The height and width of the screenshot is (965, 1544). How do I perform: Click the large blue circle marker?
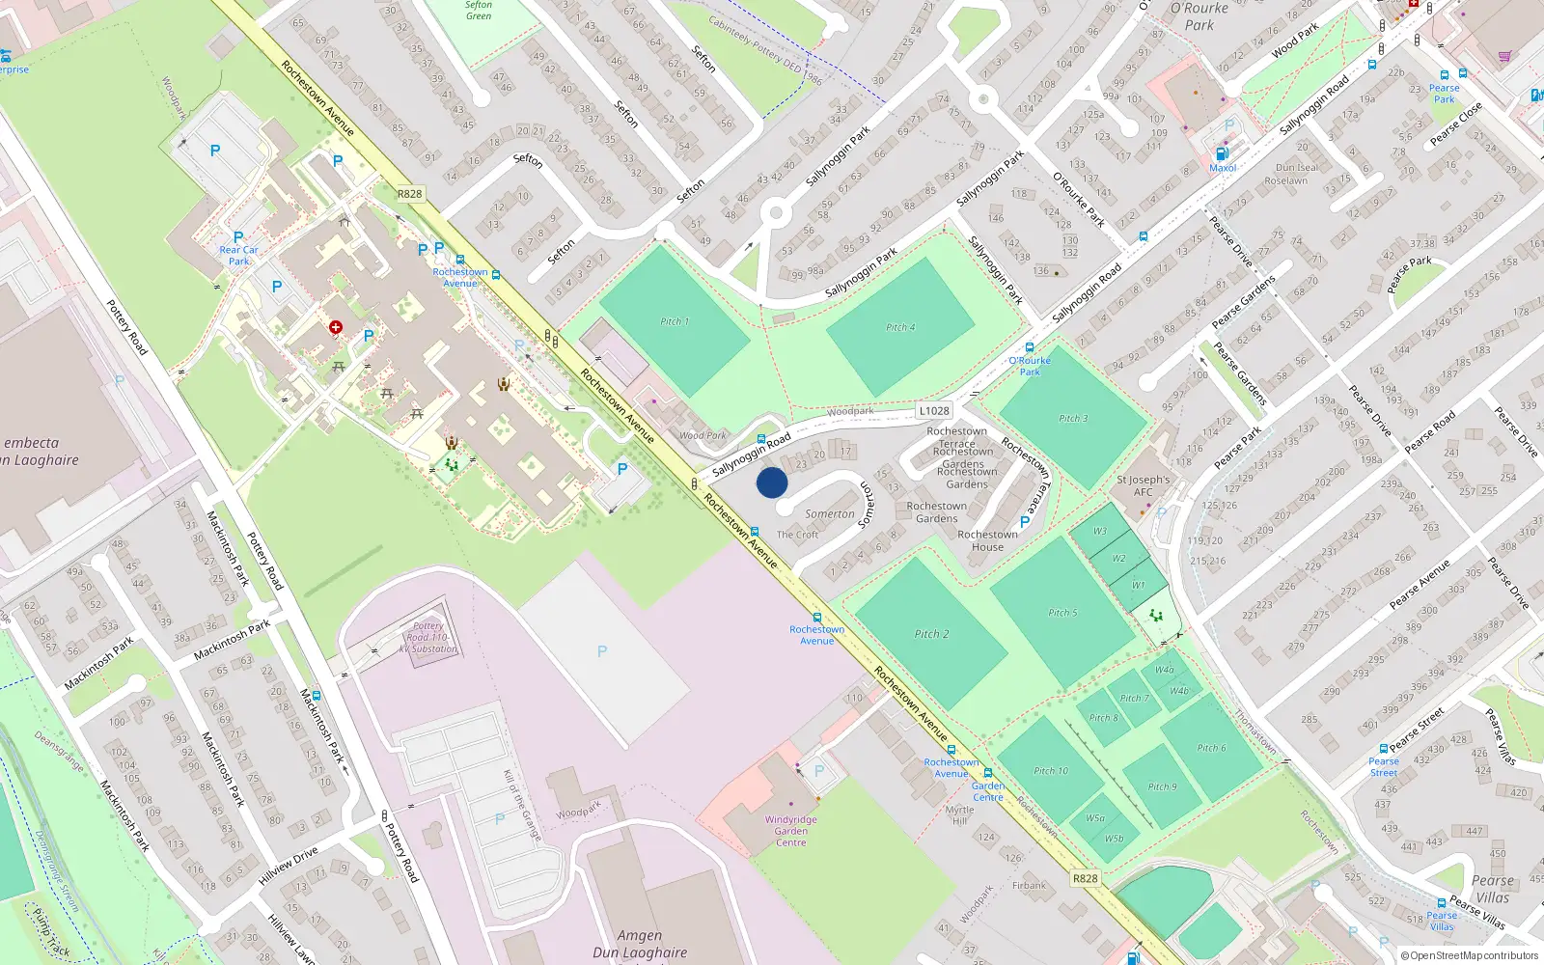[x=772, y=482]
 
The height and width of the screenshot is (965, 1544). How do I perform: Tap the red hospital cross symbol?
[x=336, y=328]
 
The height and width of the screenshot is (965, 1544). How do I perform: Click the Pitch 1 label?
[x=675, y=321]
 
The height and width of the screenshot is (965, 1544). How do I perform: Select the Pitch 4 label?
[x=900, y=327]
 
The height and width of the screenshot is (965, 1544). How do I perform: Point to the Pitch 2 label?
[x=931, y=634]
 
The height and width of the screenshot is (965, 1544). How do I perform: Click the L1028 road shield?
[x=934, y=410]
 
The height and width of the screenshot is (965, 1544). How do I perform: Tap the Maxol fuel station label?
[x=1223, y=168]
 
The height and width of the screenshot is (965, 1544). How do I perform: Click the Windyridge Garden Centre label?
[x=790, y=831]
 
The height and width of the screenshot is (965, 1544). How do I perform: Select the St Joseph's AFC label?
[x=1143, y=485]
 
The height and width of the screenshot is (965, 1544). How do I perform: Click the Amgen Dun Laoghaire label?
[x=640, y=944]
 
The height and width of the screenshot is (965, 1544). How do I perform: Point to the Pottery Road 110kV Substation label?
[x=427, y=637]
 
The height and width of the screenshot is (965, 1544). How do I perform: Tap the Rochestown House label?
[x=987, y=540]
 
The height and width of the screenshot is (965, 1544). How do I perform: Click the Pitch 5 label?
[x=1062, y=613]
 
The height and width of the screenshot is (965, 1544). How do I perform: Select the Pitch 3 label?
[x=1073, y=419]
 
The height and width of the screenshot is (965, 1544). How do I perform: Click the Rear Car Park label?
[x=238, y=255]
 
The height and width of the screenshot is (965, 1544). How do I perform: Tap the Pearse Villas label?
[x=1492, y=889]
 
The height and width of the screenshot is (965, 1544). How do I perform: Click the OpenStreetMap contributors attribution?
[x=1470, y=955]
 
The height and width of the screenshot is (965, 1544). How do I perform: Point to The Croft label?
[x=797, y=535]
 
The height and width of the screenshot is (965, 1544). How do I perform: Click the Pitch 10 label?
[x=1051, y=771]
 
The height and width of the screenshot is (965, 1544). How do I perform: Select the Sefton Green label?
[x=479, y=10]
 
